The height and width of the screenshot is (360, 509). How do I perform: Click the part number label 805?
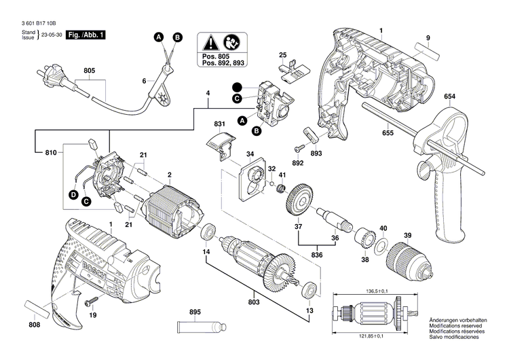coord(89,69)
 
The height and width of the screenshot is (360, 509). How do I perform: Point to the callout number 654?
coord(449,97)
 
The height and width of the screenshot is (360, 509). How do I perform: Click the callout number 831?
coord(219,124)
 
